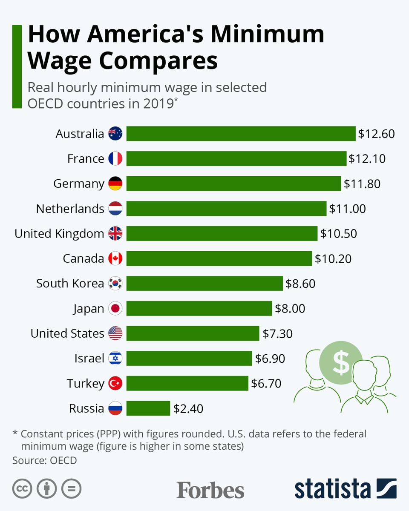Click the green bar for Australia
(x=241, y=134)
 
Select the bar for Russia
(x=148, y=408)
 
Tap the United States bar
(x=193, y=333)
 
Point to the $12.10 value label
(x=367, y=159)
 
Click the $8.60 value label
(x=300, y=284)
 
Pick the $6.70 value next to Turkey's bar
(x=266, y=383)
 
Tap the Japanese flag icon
(x=115, y=308)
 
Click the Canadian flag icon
(x=115, y=258)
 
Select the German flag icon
(x=115, y=184)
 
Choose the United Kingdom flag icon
(x=115, y=233)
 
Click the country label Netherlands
(x=70, y=209)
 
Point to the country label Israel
(x=89, y=359)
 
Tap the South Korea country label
(x=70, y=284)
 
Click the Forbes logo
(x=210, y=490)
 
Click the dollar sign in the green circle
(x=341, y=362)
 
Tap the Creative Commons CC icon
(x=22, y=489)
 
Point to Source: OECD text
(x=45, y=460)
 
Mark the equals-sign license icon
(x=71, y=489)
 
